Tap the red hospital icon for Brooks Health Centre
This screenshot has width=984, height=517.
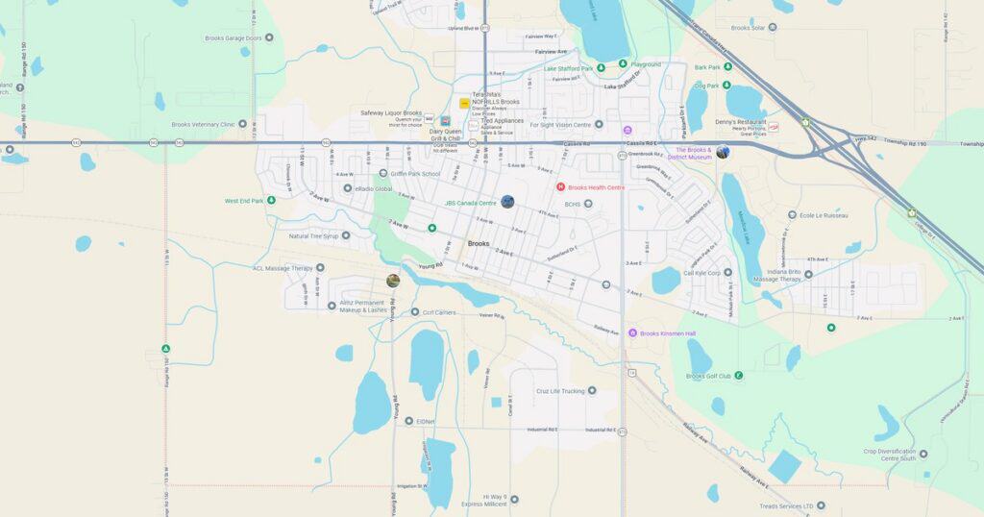(x=561, y=186)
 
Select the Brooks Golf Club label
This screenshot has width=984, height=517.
(x=709, y=376)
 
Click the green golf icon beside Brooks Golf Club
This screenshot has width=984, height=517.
(x=738, y=375)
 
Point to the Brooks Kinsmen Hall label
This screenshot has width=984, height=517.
(x=667, y=332)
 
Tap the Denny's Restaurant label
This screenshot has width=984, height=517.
(x=741, y=122)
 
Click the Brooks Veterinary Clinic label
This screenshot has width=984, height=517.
(x=203, y=124)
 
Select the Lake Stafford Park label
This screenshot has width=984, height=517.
(x=568, y=68)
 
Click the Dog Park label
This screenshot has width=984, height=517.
(x=706, y=86)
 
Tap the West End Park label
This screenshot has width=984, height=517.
(x=244, y=201)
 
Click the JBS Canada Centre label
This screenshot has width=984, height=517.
(x=470, y=203)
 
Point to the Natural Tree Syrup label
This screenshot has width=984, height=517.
(x=313, y=235)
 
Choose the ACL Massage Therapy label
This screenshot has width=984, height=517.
(x=283, y=268)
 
